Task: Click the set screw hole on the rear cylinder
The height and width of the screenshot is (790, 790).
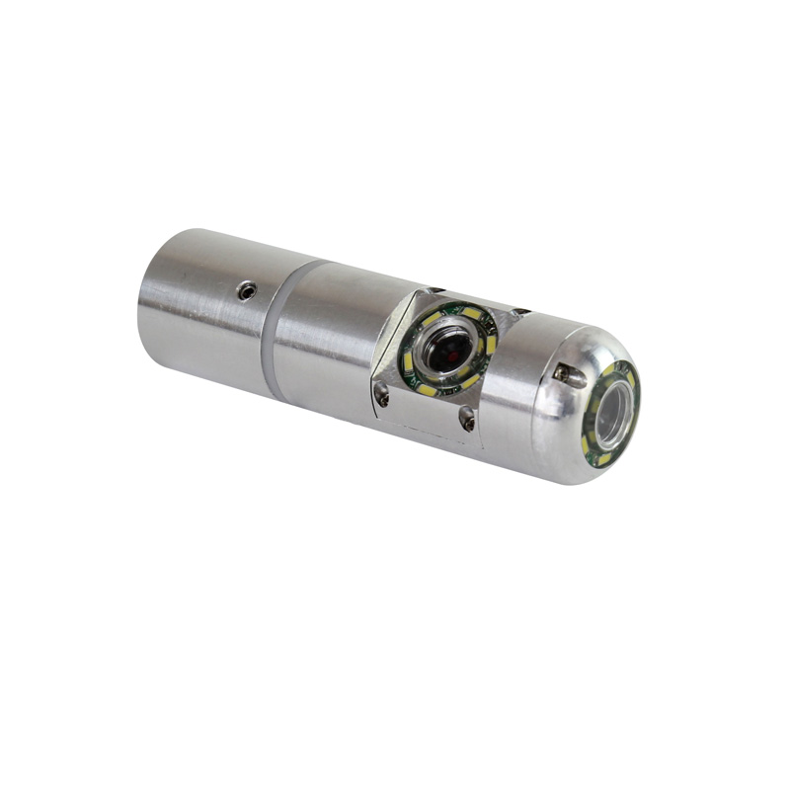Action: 246,290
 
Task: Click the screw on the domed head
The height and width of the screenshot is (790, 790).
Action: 562,373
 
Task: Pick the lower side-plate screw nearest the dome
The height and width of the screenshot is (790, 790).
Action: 466,421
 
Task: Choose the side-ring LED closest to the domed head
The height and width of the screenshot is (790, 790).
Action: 491,345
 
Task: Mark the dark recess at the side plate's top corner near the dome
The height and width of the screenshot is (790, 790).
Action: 521,314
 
